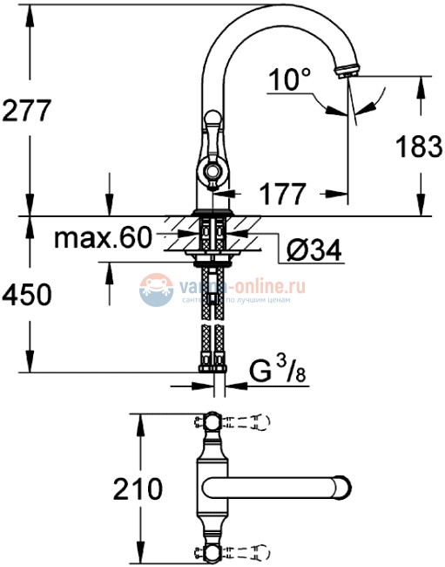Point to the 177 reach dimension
click(281, 193)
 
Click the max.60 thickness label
click(102, 237)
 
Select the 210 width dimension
click(138, 488)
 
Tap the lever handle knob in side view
click(212, 119)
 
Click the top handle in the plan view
click(214, 425)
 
